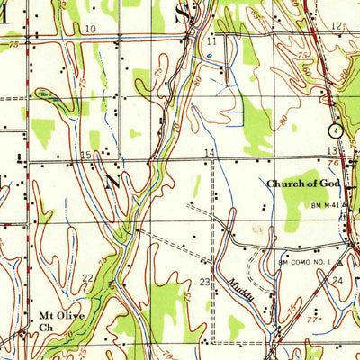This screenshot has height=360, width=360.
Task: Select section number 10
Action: pyautogui.click(x=90, y=29)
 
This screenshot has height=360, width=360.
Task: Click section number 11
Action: pyautogui.click(x=211, y=42)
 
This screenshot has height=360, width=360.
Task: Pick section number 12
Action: pyautogui.click(x=336, y=27)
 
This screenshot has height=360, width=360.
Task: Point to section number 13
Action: pyautogui.click(x=332, y=149)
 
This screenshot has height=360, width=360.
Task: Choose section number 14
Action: pyautogui.click(x=210, y=153)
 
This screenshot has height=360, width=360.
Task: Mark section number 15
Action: pyautogui.click(x=85, y=156)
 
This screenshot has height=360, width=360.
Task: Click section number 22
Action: pyautogui.click(x=87, y=277)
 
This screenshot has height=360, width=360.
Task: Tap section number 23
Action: pyautogui.click(x=204, y=283)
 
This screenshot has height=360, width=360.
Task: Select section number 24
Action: pyautogui.click(x=337, y=281)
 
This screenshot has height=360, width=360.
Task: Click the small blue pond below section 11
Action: pyautogui.click(x=209, y=56)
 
